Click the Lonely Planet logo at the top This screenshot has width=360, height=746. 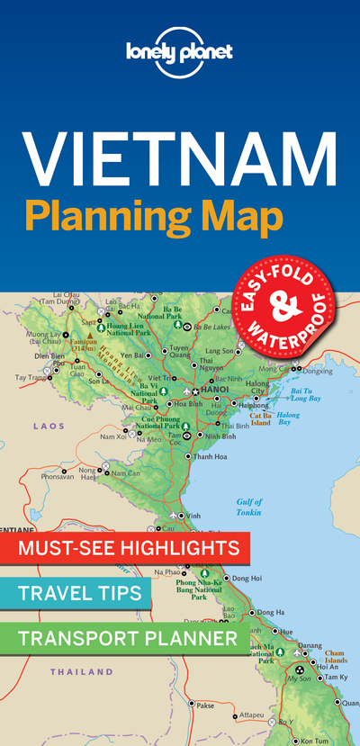(x=180, y=51)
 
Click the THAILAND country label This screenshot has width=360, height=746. (x=81, y=671)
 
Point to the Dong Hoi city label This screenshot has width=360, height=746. (x=240, y=578)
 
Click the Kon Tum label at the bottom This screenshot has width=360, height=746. (x=314, y=740)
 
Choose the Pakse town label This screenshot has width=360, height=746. (x=205, y=705)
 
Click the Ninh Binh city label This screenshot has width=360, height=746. (x=220, y=436)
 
